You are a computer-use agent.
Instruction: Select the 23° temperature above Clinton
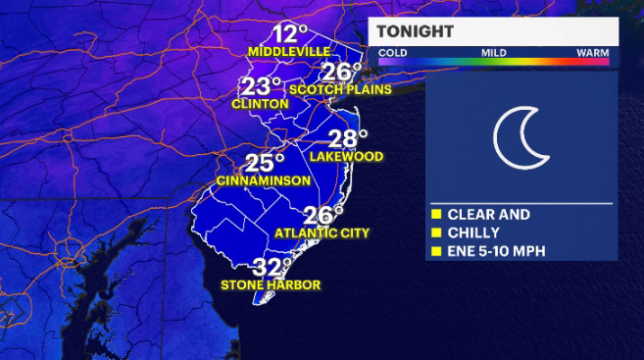(x=262, y=86)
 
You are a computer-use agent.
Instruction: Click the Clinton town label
(x=260, y=104)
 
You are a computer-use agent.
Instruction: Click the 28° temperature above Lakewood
(x=347, y=138)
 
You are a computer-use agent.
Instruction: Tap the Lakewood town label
(x=344, y=156)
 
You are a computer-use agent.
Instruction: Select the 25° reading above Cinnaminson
(x=264, y=163)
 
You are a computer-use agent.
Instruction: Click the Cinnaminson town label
(x=264, y=180)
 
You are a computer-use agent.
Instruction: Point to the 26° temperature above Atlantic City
(x=323, y=215)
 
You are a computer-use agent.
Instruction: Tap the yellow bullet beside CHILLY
(x=435, y=232)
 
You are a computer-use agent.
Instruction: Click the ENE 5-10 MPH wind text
(x=496, y=251)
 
